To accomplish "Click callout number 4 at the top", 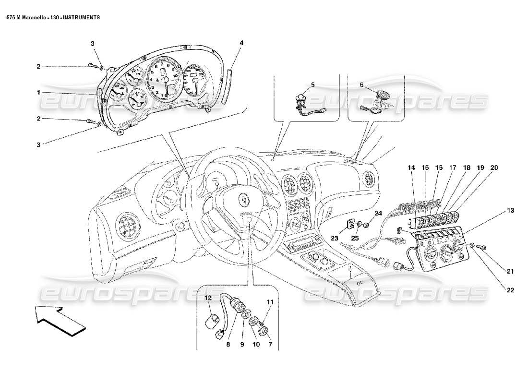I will [x=241, y=43].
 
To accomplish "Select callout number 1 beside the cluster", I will [x=38, y=92].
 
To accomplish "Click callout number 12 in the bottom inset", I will [x=208, y=298].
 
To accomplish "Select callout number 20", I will [x=494, y=168].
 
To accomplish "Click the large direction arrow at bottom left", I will [x=60, y=321].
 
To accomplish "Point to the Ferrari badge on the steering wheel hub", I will [x=245, y=199].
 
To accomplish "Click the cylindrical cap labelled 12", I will [x=212, y=320].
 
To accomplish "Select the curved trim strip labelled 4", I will [x=229, y=86].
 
